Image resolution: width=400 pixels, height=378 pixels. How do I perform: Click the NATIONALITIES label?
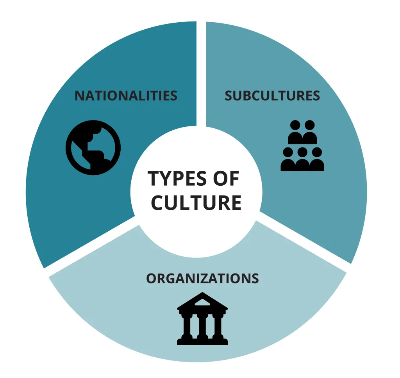126,96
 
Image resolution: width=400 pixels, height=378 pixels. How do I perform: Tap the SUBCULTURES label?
272,96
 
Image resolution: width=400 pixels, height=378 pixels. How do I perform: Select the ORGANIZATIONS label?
202,278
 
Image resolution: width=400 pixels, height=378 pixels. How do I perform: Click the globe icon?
93,148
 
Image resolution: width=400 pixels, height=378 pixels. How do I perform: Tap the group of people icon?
302,146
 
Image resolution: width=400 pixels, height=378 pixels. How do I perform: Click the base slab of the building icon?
202,342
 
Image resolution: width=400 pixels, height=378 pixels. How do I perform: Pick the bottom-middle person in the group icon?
302,160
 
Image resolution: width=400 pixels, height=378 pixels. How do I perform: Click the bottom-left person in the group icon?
288,160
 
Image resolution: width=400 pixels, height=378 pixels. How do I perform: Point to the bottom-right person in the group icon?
317,160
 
